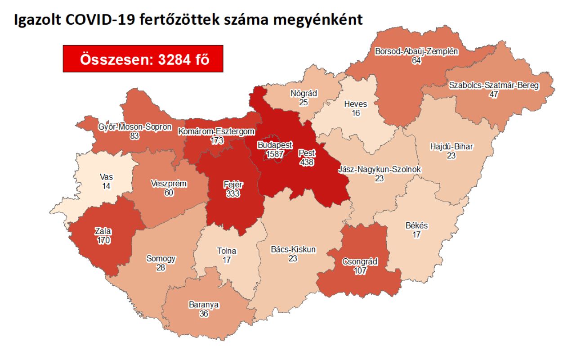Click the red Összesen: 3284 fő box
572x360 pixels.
point(143,59)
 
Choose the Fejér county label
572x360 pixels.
point(232,185)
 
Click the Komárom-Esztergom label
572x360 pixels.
point(217,132)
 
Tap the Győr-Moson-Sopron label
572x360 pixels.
point(134,127)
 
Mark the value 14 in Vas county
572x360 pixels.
point(106,185)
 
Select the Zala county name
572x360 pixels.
point(103,232)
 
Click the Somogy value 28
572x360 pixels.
point(161,268)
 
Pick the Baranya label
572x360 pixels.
point(204,305)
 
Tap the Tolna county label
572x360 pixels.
point(227,251)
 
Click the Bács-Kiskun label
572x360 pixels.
point(293,249)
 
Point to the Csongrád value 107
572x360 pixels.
point(360,271)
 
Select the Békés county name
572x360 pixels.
point(416,226)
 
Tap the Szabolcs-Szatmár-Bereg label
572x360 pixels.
point(494,85)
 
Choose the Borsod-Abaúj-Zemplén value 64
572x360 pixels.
point(416,60)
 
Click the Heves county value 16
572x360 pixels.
point(356,113)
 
